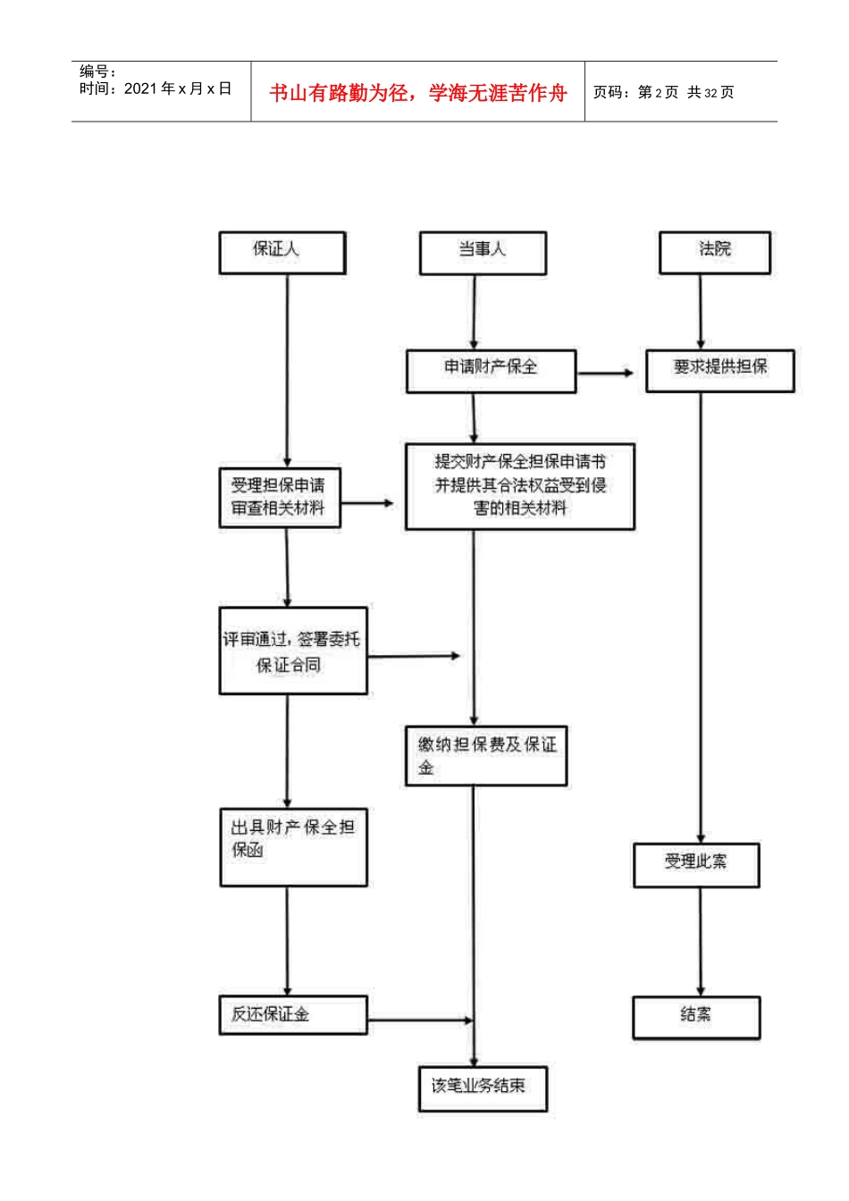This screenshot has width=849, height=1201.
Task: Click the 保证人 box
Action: tap(282, 252)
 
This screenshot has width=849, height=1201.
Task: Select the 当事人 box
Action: tap(483, 252)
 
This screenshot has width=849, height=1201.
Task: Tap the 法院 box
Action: tap(714, 252)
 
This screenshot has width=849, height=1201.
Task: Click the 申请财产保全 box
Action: tap(491, 370)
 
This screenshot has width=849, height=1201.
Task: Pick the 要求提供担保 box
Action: tap(719, 370)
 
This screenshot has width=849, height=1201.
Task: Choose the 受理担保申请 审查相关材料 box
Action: tap(280, 497)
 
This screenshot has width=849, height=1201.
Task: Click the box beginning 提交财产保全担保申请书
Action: tap(519, 486)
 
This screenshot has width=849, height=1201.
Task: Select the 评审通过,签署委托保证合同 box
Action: tap(293, 651)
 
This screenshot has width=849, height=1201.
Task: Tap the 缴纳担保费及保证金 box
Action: tap(486, 756)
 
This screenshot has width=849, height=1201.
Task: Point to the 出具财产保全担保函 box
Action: tap(293, 847)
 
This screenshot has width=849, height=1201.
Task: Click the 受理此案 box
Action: tap(696, 864)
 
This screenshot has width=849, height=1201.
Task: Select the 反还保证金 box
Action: tap(293, 1014)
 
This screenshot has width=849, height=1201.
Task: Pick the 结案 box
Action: tap(696, 1017)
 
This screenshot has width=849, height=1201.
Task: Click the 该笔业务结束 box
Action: tap(483, 1088)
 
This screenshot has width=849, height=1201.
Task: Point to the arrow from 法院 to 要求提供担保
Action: tap(701, 311)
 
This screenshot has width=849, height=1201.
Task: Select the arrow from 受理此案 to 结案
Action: tap(700, 942)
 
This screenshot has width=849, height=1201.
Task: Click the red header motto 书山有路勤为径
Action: tap(418, 93)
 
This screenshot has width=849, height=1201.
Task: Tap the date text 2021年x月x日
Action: tap(178, 88)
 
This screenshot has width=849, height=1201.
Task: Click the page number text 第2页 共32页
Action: tap(685, 93)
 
